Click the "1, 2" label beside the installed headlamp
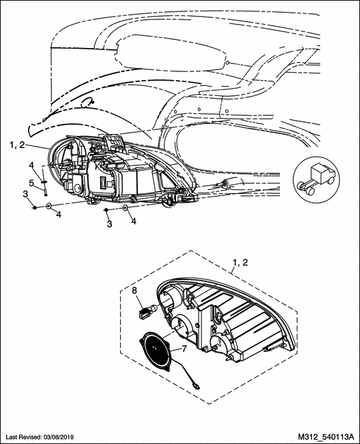pos(17,145)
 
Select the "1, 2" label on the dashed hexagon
pos(240,263)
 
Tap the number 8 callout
pos(135,290)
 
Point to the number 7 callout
pos(184,349)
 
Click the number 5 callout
pos(32,183)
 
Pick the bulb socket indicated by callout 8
pos(147,311)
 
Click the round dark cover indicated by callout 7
pos(156,350)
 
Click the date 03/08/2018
pos(59,437)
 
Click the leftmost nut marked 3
pos(34,208)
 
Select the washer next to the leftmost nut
pos(49,206)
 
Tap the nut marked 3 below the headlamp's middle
pos(106,210)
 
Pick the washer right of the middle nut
pos(125,209)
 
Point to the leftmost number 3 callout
pos(25,194)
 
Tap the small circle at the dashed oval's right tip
pos(227,62)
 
